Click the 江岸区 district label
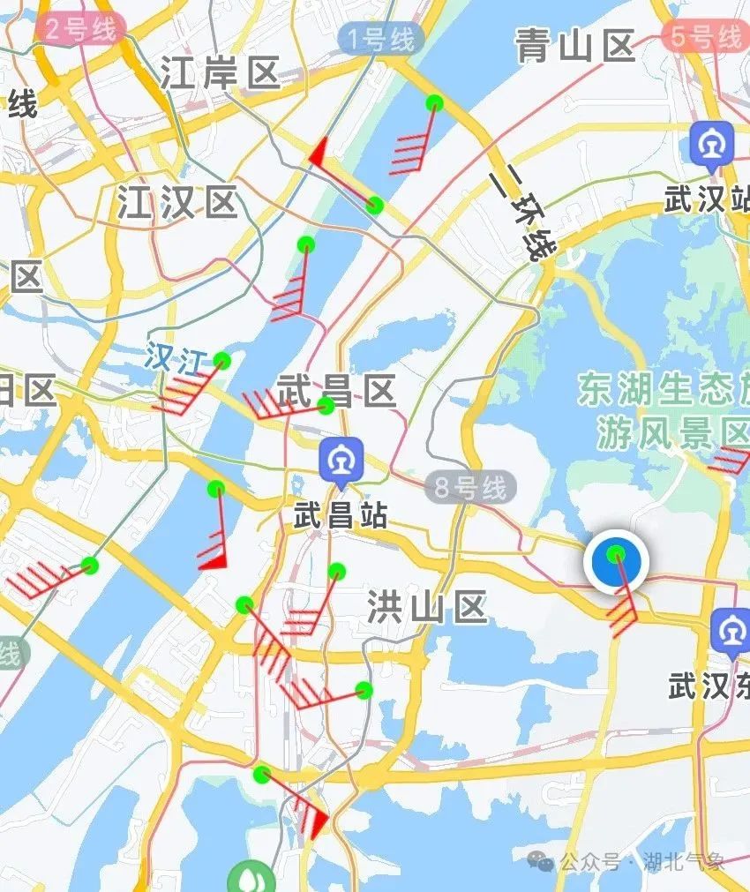(x=220, y=74)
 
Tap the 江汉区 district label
(x=177, y=204)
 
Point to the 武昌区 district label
(x=336, y=390)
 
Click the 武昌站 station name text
(x=340, y=515)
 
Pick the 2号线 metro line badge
(x=80, y=29)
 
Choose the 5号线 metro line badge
(x=703, y=37)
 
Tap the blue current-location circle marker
(x=617, y=560)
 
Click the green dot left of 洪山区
(x=336, y=572)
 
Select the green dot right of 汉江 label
(x=222, y=360)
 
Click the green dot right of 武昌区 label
(x=326, y=406)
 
